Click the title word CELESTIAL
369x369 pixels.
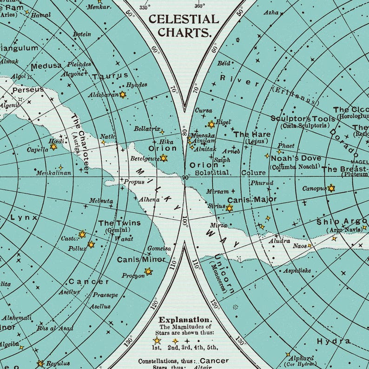(x=183, y=20)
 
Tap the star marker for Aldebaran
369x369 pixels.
(x=123, y=95)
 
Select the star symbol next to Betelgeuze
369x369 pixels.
(x=164, y=158)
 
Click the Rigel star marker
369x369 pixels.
(x=211, y=125)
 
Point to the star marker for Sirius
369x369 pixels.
(x=229, y=208)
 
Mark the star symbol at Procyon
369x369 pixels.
(x=148, y=271)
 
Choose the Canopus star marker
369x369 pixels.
(x=331, y=188)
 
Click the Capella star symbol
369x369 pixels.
(x=53, y=147)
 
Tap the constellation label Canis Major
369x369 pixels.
(x=252, y=200)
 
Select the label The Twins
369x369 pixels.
(x=119, y=223)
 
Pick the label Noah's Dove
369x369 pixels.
(x=296, y=158)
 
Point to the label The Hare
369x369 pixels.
(x=251, y=134)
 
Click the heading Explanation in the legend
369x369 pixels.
(x=185, y=320)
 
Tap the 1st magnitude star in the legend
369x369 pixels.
(x=157, y=341)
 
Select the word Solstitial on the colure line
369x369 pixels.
(x=212, y=172)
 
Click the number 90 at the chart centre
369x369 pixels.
(x=185, y=178)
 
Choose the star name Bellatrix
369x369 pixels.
(x=146, y=129)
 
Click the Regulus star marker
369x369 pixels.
(x=41, y=363)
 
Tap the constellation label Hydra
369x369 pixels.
(x=334, y=342)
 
